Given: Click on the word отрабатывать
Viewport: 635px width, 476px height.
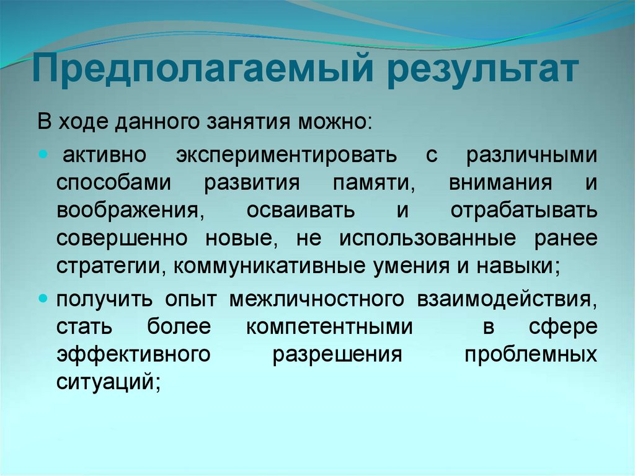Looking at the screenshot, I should point(524,210).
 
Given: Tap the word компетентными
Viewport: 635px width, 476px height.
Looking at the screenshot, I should point(329,326).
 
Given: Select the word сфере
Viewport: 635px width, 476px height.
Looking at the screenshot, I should point(563,326).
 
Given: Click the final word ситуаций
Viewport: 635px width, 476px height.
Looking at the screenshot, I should point(108,381).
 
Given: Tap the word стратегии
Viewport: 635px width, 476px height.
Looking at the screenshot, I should point(110,266).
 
